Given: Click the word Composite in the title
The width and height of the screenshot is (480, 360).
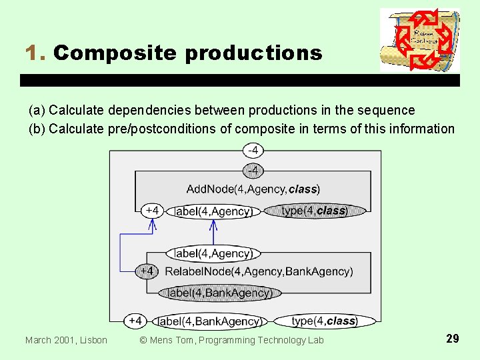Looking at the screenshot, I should coord(116,53).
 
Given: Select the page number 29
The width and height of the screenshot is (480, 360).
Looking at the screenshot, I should coord(452,339).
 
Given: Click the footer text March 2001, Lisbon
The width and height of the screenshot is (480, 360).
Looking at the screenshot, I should coord(66,340).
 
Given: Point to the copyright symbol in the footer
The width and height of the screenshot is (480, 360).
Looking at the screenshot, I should coord(144,340).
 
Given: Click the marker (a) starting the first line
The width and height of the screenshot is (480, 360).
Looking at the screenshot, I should coord(37,110).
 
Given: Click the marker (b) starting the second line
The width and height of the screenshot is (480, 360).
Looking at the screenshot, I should coord(37,129).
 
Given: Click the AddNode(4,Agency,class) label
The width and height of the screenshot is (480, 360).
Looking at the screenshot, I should coord(253,189).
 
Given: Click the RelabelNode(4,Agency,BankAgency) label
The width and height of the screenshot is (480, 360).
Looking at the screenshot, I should coord(259,271).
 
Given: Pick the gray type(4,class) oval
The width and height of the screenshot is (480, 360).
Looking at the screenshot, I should coord(314,211).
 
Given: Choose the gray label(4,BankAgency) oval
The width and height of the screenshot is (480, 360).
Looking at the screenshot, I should coord(219,293).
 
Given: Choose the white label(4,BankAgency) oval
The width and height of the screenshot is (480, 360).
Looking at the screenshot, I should coord(209,321).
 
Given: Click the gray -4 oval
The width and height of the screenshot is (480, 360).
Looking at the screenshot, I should coord(253,171).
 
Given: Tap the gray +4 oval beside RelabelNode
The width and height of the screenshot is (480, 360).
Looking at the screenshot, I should coord(147,271).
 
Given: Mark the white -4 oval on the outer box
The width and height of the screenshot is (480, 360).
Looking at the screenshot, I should coord(253,149).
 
